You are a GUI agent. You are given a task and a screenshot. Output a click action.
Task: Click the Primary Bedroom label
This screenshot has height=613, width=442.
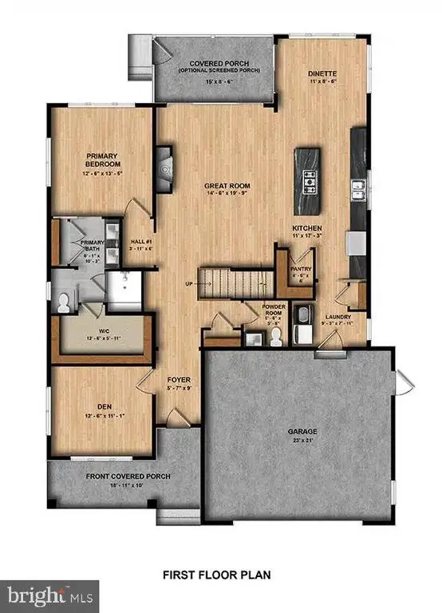point(103,159)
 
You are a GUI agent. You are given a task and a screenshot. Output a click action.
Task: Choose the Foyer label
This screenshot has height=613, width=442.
point(177,380)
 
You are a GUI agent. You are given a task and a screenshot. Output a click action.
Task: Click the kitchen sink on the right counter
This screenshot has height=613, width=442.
point(358,190)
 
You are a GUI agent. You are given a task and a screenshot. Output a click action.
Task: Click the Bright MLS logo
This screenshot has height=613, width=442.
point(49,595)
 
